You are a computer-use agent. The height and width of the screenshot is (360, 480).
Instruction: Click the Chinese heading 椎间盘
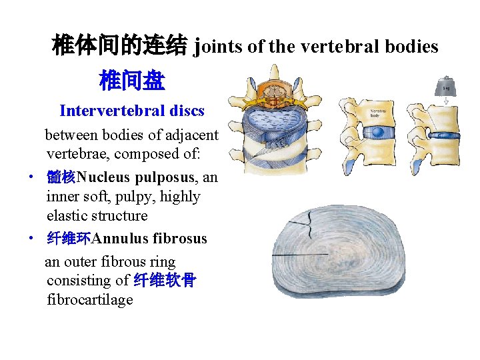click(131, 82)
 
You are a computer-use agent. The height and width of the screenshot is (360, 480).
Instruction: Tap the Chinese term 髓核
click(61, 178)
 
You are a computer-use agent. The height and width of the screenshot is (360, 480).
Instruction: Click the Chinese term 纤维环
click(69, 239)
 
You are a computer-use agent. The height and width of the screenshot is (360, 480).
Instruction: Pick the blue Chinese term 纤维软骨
click(165, 281)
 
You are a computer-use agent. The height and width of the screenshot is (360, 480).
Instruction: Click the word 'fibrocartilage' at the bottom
click(90, 300)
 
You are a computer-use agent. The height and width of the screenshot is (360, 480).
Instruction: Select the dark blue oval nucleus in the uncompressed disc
click(378, 133)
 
